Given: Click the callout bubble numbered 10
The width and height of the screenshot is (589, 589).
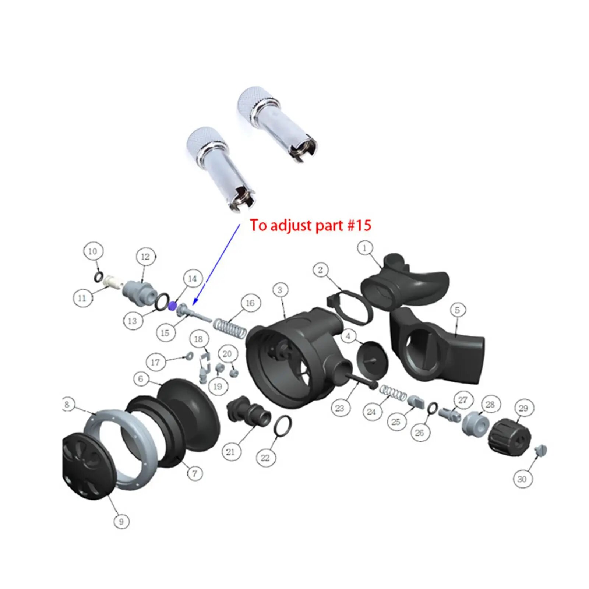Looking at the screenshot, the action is coord(93,251).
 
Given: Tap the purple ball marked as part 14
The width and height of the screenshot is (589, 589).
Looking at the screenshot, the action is coord(172,306).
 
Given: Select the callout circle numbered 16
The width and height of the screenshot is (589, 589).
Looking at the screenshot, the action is coord(250,303).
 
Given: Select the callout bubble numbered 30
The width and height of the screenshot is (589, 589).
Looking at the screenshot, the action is coord(522,479).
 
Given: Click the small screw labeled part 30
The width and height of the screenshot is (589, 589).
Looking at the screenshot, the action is coord(541,450).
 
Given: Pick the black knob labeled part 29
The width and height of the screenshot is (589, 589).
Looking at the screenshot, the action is coord(510,437).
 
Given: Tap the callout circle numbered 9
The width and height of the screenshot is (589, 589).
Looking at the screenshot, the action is coord(121,521).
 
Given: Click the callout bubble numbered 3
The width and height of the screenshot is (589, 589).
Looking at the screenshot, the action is coord(280,290).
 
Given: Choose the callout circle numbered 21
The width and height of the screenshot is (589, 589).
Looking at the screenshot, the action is coord(230,452).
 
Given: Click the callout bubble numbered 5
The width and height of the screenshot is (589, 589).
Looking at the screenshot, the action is coord(457,310).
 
